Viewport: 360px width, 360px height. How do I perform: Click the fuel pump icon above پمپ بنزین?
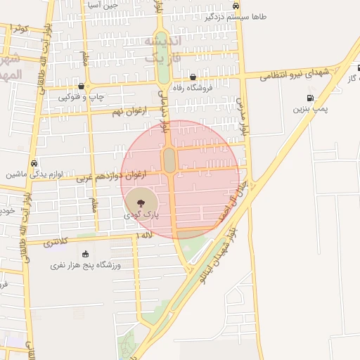(x=310, y=98)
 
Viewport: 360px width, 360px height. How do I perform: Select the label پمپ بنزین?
(x=310, y=110)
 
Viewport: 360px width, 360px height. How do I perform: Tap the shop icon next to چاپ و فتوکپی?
(x=83, y=87)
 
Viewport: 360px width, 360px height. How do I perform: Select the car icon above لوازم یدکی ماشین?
(x=34, y=162)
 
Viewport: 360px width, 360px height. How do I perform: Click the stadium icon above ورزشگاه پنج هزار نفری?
(x=86, y=255)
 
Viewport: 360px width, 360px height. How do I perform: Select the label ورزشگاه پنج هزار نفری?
(x=86, y=266)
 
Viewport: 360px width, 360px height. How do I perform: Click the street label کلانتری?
(x=57, y=243)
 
